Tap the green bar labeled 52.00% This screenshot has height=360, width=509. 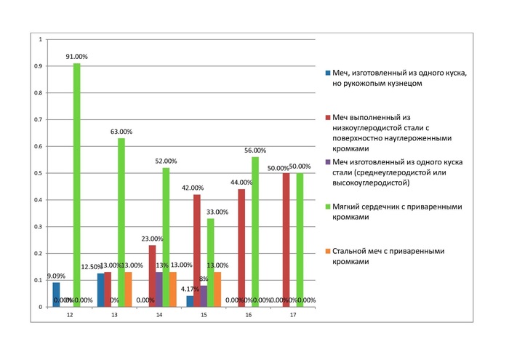click(166, 237)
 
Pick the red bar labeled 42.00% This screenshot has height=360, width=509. click(196, 251)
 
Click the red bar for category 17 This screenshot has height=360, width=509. click(286, 240)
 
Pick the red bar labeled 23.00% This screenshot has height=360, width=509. click(152, 276)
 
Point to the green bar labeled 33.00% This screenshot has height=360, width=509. click(210, 263)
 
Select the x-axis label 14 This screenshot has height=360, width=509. click(159, 316)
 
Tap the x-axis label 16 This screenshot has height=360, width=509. click(249, 316)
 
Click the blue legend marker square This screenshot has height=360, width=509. click(329, 73)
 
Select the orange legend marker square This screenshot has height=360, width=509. click(329, 251)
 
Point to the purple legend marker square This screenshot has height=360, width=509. click(329, 162)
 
